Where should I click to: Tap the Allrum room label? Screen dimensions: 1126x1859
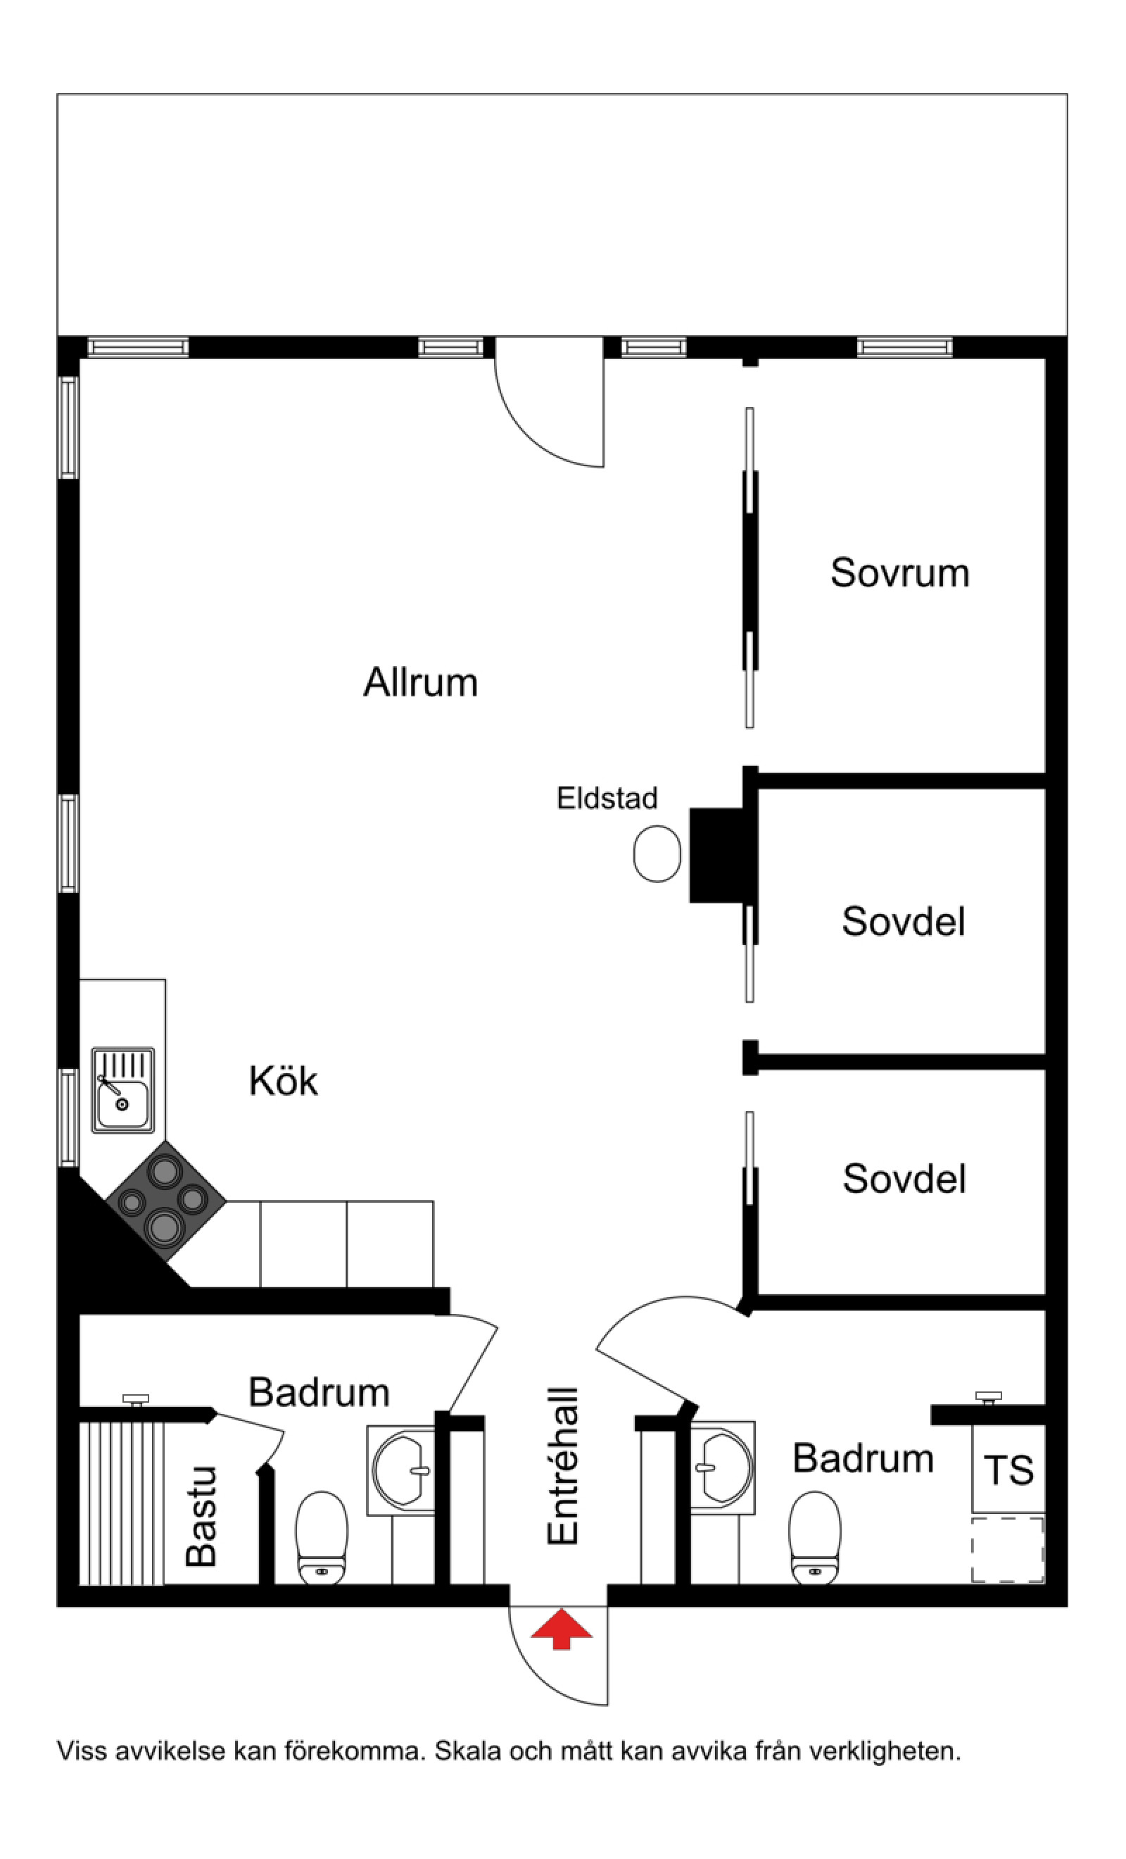pyautogui.click(x=421, y=682)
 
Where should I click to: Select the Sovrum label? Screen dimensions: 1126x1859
pyautogui.click(x=899, y=572)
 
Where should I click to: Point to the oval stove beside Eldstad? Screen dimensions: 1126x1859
pyautogui.click(x=657, y=853)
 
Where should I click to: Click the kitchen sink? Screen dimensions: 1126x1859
pyautogui.click(x=123, y=1090)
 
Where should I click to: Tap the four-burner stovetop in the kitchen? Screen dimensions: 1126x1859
pyautogui.click(x=165, y=1201)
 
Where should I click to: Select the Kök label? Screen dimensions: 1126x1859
pyautogui.click(x=284, y=1081)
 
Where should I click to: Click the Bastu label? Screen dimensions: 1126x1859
pyautogui.click(x=202, y=1517)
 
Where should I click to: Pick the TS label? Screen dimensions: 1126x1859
pyautogui.click(x=1008, y=1470)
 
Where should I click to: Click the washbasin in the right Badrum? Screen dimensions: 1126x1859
pyautogui.click(x=723, y=1467)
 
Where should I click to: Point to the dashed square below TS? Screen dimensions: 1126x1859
pyautogui.click(x=1008, y=1550)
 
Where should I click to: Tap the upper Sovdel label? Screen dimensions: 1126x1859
pyautogui.click(x=904, y=921)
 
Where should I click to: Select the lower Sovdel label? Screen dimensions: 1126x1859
pyautogui.click(x=904, y=1179)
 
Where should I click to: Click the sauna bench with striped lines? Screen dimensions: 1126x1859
pyautogui.click(x=122, y=1503)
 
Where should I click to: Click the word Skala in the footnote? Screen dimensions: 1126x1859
pyautogui.click(x=469, y=1751)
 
